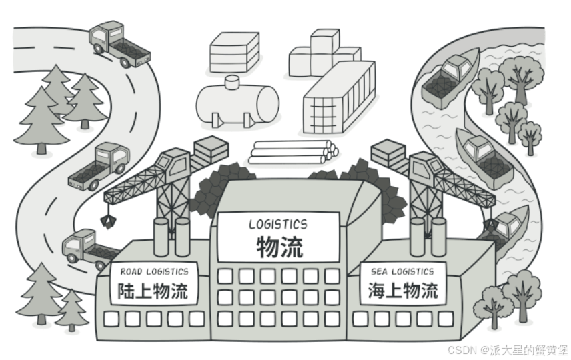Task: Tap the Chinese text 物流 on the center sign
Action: pos(279,247)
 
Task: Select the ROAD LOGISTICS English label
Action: pos(154,271)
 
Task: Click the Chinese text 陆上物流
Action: pos(153,291)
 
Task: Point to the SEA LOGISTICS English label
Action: pos(402,271)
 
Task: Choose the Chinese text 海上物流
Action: pos(403,291)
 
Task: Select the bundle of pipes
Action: pos(292,152)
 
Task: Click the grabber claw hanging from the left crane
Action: pos(105,220)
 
